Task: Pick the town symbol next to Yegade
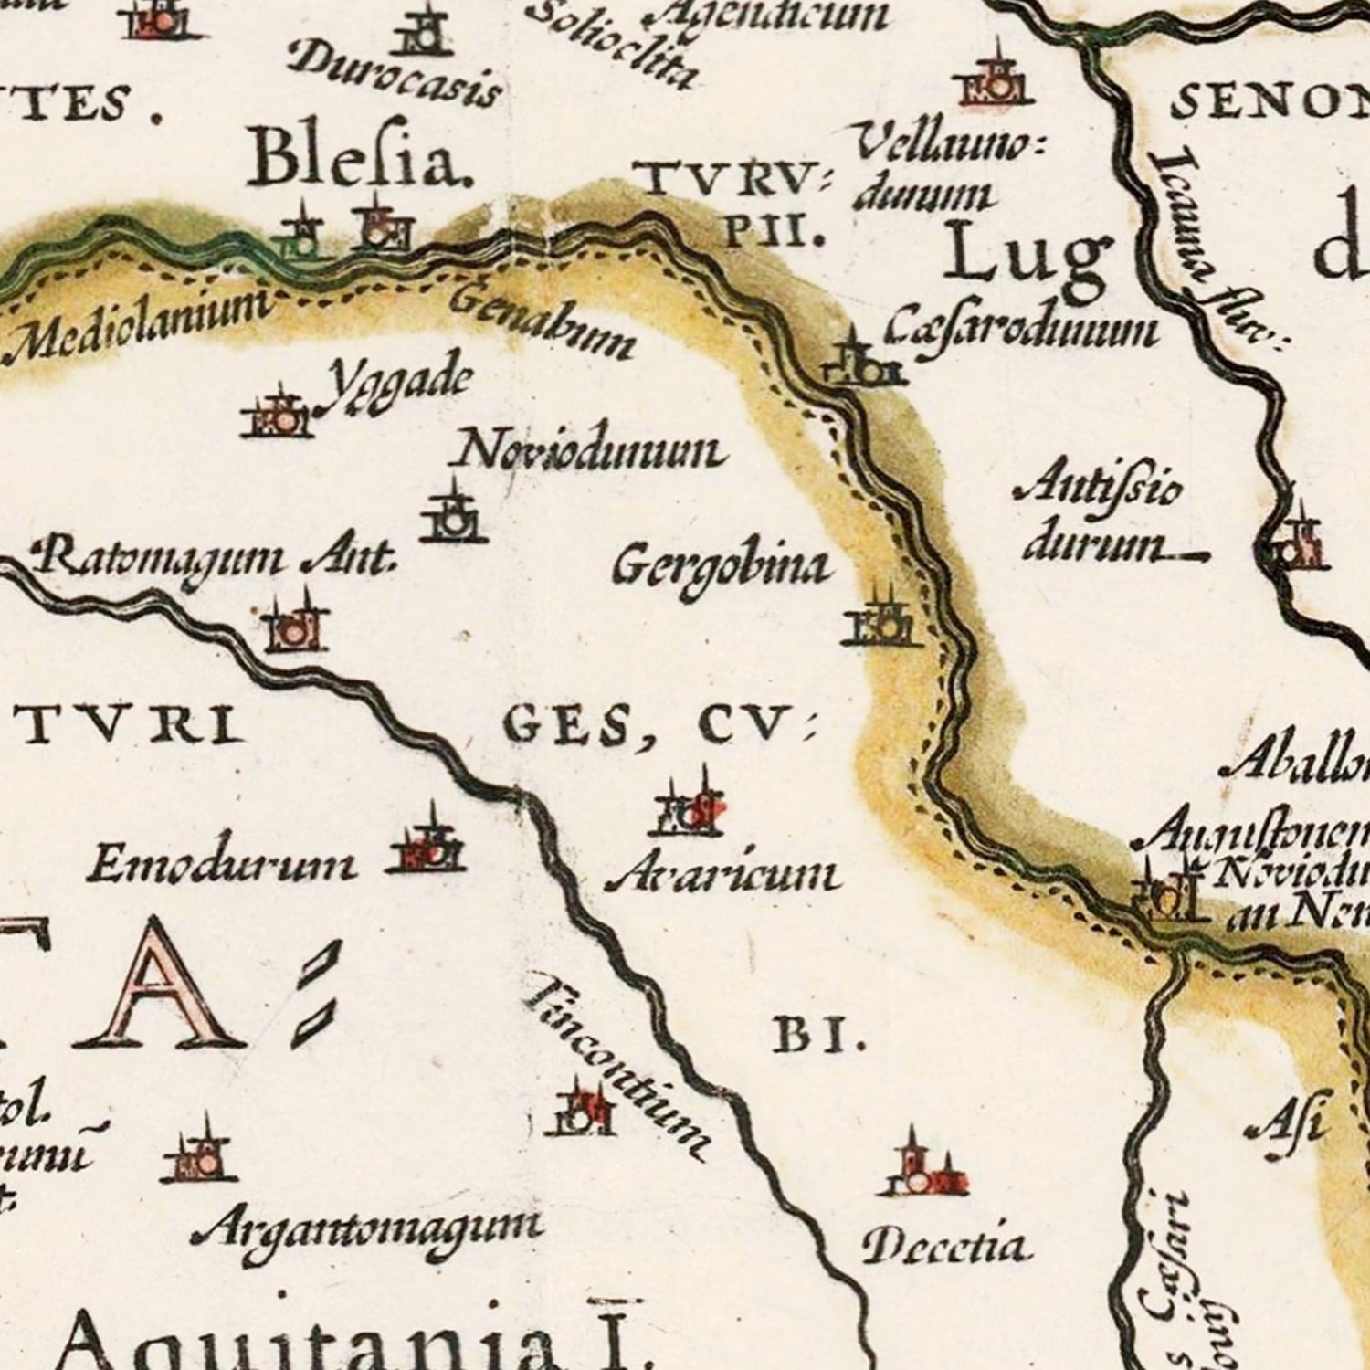(x=277, y=416)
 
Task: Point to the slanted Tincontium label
(x=616, y=1065)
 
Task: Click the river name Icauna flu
(x=1210, y=251)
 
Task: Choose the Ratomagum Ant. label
(x=215, y=557)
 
